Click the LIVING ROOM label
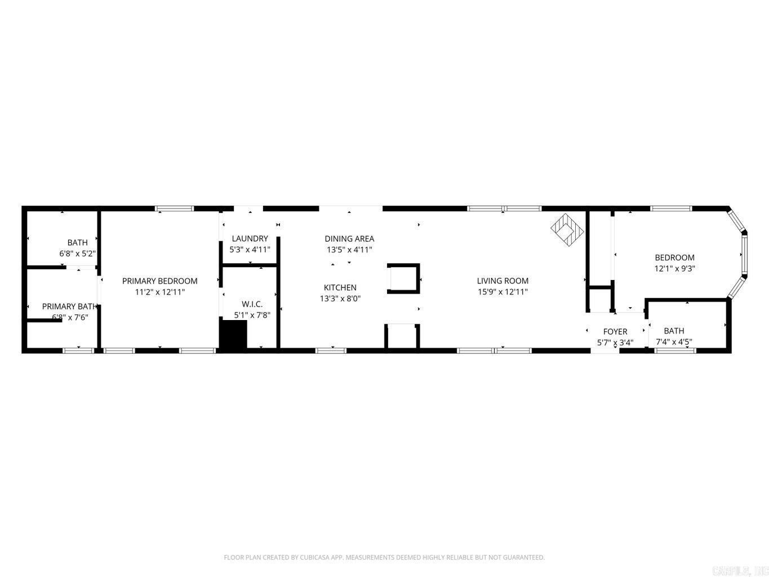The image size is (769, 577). point(503,281)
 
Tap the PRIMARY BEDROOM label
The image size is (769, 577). point(159,281)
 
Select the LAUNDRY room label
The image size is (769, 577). point(250,238)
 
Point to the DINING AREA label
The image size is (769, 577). point(349,238)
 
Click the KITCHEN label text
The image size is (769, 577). point(340,287)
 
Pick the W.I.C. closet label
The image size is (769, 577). point(252,304)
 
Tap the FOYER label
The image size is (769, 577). point(615,331)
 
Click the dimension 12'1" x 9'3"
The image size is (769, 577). point(674,269)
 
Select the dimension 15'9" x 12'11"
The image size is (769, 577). point(503,292)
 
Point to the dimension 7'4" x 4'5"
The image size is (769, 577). point(674,341)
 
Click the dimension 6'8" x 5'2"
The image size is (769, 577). point(77,254)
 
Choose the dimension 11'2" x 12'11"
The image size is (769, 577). point(159,292)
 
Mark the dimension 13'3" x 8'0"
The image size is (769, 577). point(340,299)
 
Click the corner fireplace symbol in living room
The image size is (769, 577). point(567,228)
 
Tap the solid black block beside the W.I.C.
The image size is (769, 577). point(233,335)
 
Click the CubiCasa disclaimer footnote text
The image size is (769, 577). point(384,557)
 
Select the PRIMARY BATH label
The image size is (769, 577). point(70,307)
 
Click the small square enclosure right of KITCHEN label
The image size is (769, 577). point(403,278)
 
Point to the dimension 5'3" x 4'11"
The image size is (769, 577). point(250,249)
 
